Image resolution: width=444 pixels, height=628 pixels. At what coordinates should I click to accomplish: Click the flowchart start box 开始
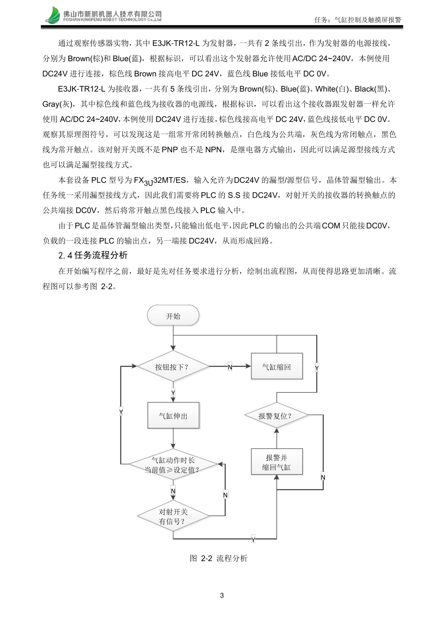click(x=173, y=316)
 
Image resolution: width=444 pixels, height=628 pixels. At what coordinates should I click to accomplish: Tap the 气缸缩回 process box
click(x=277, y=367)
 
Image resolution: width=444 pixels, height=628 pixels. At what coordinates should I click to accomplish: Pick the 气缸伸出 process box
click(x=173, y=416)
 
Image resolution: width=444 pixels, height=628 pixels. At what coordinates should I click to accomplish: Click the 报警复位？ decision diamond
click(x=276, y=416)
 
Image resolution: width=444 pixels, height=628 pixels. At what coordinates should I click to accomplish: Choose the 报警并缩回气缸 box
click(x=277, y=462)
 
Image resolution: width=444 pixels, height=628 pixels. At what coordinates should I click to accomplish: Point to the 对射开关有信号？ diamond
click(x=173, y=516)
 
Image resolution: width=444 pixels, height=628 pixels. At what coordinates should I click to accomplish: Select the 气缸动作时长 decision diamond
click(x=173, y=464)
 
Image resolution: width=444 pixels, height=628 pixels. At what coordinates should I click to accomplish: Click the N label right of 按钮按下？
click(x=230, y=367)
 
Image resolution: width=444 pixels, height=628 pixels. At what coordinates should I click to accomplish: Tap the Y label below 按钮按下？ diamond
click(x=173, y=393)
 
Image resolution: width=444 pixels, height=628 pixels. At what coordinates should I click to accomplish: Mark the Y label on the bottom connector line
click(x=253, y=540)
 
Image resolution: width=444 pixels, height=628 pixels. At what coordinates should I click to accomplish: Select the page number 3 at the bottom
click(x=222, y=595)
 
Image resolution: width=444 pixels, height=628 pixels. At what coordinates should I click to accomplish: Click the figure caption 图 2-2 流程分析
click(x=219, y=558)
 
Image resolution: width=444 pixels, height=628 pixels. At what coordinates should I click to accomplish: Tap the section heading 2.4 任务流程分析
click(x=93, y=255)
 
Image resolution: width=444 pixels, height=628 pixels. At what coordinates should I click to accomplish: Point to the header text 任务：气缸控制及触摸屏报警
click(x=358, y=20)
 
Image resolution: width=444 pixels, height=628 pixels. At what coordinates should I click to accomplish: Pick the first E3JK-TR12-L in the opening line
click(x=176, y=43)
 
